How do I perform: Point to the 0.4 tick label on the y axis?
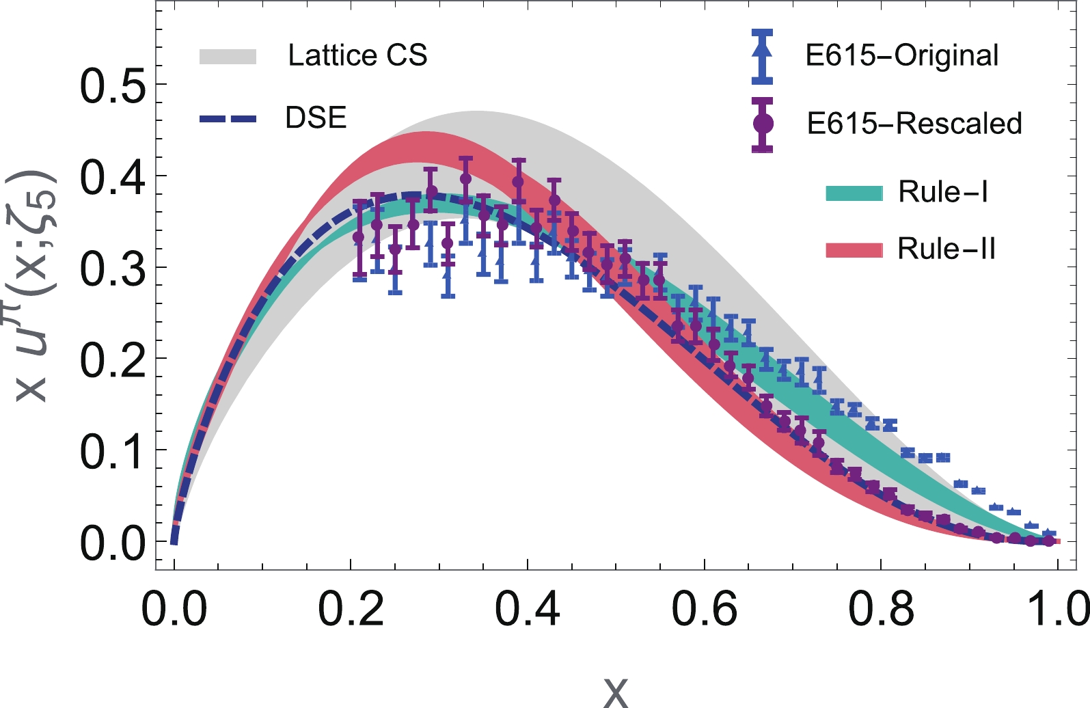(x=113, y=178)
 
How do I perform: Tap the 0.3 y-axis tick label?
(x=113, y=270)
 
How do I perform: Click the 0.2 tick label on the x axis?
(x=351, y=609)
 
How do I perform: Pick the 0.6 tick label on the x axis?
(x=704, y=609)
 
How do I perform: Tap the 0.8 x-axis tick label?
(x=881, y=609)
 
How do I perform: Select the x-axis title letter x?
(x=616, y=692)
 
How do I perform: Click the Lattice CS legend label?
(x=357, y=55)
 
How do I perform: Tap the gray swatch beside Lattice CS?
(x=228, y=57)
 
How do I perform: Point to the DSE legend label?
(x=316, y=118)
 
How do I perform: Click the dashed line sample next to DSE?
(x=228, y=119)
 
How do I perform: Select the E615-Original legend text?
(x=901, y=55)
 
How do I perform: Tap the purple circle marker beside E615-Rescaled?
(x=762, y=124)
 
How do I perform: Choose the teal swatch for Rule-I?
(x=854, y=193)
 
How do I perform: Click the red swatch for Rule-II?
(x=854, y=249)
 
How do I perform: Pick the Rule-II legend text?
(x=946, y=249)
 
